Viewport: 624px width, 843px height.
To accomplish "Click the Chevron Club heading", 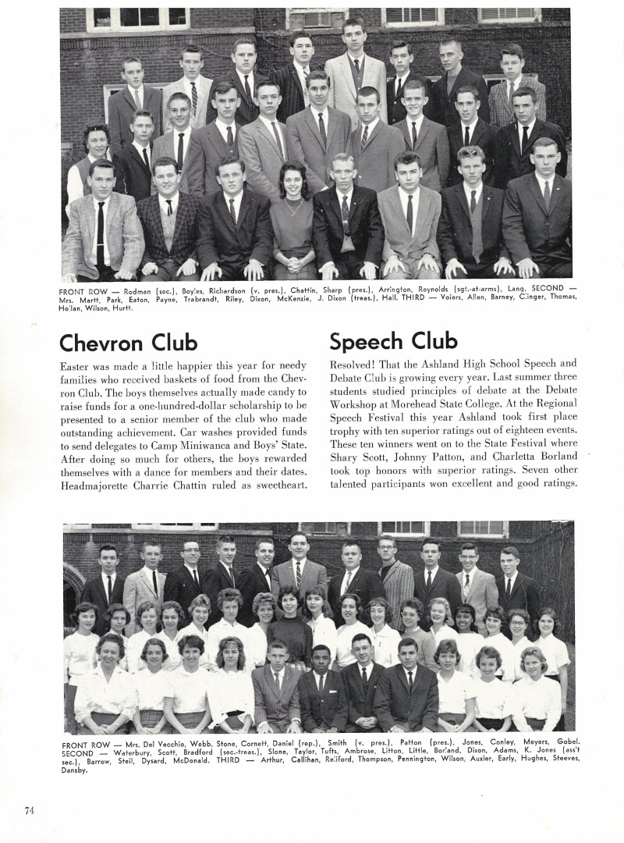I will click(129, 342).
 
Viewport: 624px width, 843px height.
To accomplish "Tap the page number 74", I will click(29, 810).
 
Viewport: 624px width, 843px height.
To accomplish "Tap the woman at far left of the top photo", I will click(96, 160).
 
